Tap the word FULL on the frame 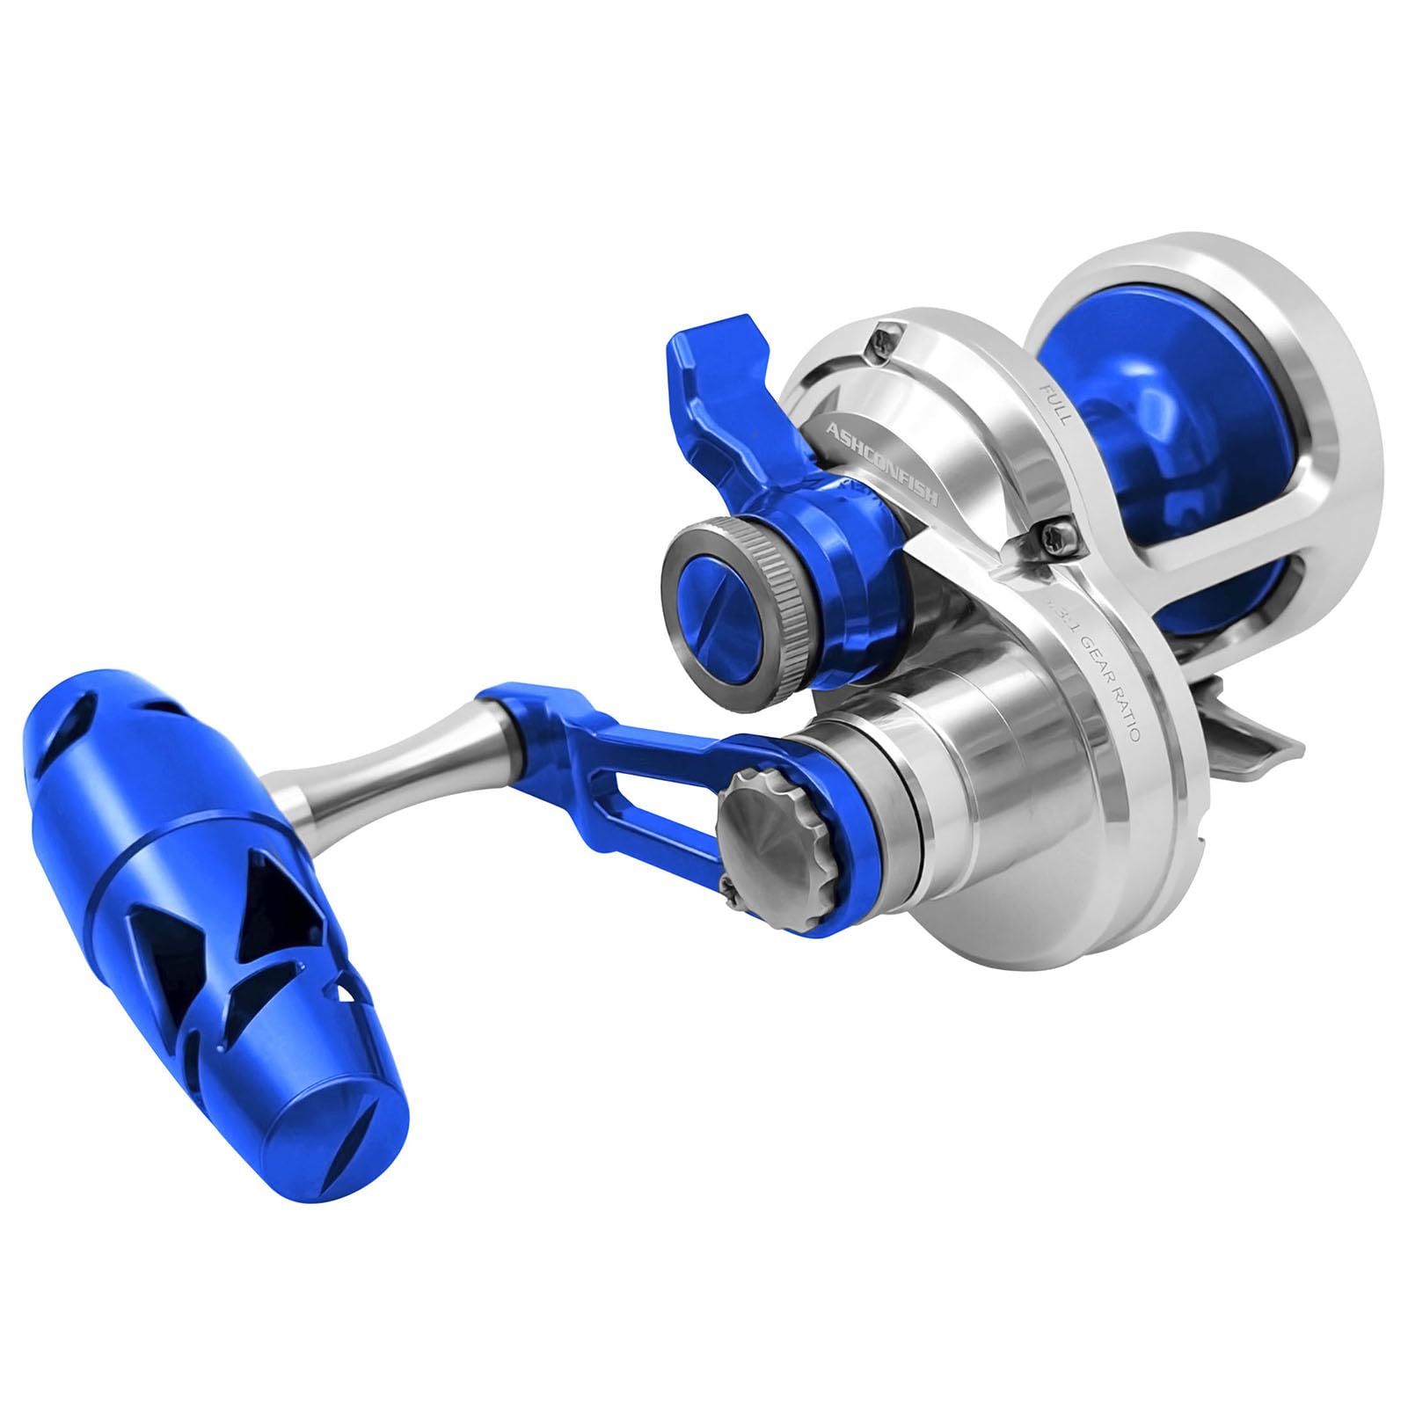(1054, 403)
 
